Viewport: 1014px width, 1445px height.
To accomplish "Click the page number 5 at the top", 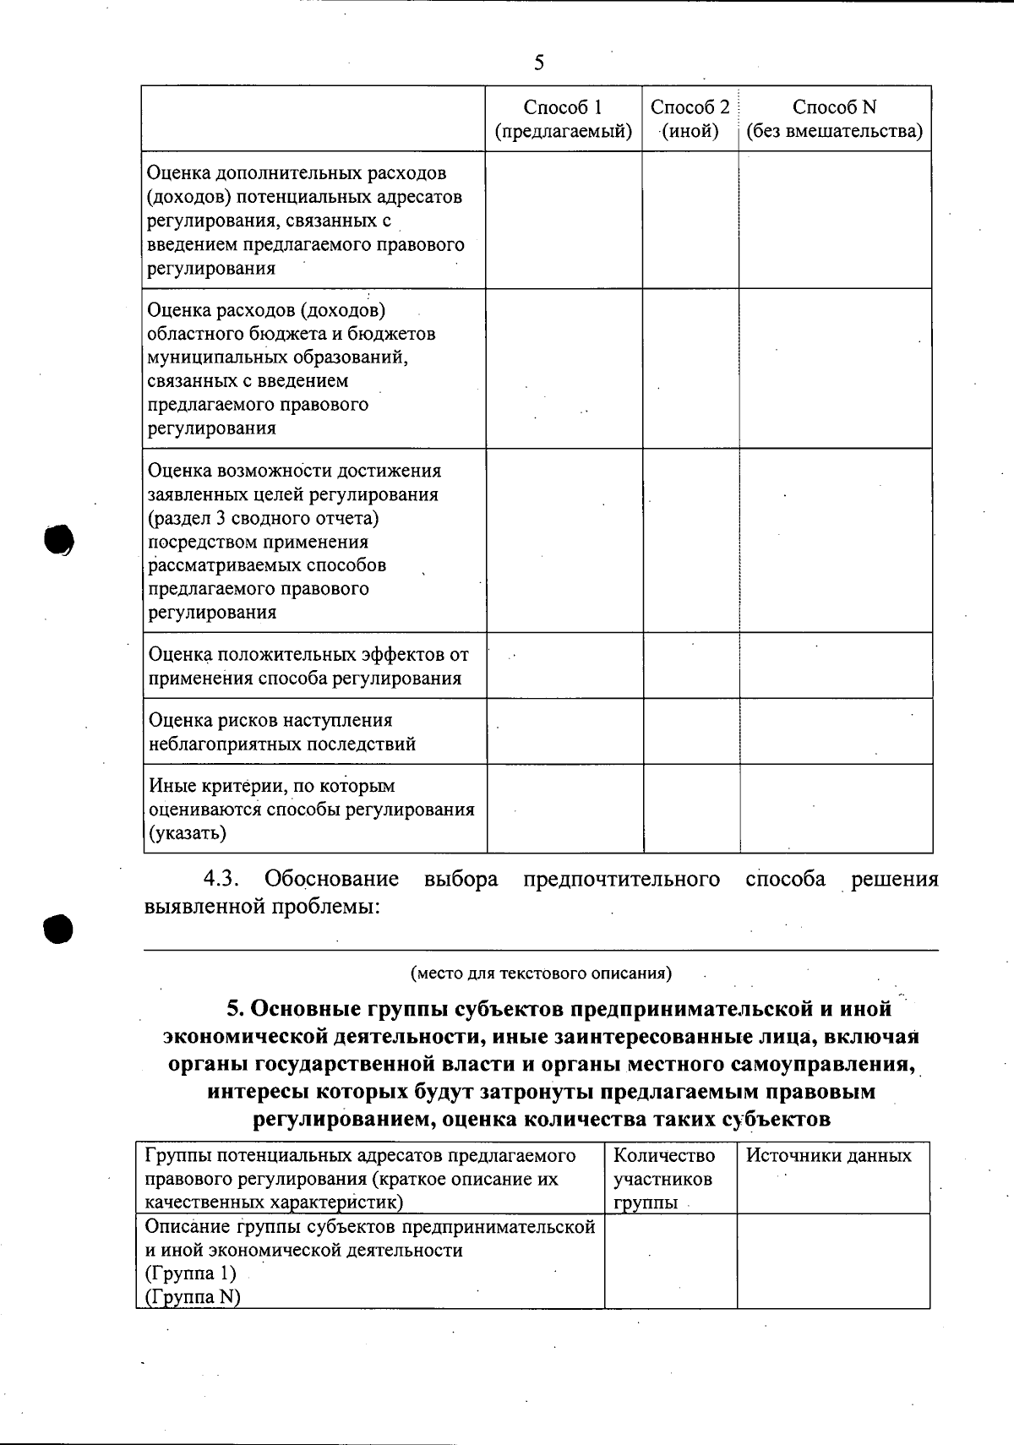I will click(539, 63).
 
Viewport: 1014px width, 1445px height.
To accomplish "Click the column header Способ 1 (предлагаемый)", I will click(563, 119).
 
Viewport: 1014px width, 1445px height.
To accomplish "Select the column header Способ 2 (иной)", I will click(690, 119).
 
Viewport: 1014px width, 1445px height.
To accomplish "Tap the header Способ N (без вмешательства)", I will click(834, 119).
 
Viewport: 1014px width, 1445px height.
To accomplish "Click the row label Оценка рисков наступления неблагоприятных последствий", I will click(282, 732).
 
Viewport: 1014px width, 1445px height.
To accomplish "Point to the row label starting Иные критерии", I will click(311, 809).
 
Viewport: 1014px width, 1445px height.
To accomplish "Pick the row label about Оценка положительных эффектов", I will click(308, 666).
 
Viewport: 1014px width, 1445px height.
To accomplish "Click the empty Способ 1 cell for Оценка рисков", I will click(564, 732).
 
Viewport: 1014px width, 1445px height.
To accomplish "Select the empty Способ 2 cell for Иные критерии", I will click(690, 809).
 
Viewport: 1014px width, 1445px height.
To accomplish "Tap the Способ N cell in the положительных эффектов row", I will click(836, 666).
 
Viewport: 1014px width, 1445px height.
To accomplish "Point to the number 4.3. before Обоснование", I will click(221, 879).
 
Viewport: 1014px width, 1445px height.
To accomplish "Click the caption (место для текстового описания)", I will click(541, 973).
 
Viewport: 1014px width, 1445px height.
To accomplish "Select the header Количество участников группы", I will click(663, 1178).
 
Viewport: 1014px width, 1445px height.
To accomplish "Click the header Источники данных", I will click(828, 1156).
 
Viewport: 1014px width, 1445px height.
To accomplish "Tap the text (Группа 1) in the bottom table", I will click(190, 1273).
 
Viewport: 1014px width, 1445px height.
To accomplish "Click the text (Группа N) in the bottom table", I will click(193, 1297).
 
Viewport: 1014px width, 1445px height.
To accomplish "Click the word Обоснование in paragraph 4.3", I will click(331, 879).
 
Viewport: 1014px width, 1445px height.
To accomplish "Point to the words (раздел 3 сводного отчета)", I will click(263, 518).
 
